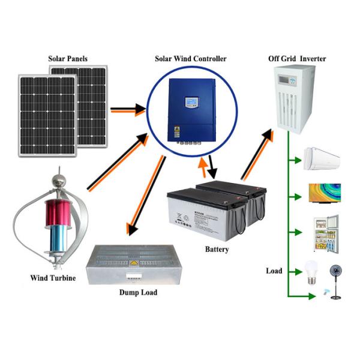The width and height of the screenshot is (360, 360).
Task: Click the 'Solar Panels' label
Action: [68, 59]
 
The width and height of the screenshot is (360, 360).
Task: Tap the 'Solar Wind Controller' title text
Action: [191, 59]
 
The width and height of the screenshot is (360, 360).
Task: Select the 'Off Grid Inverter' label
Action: [298, 59]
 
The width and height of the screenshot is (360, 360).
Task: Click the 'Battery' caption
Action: [217, 249]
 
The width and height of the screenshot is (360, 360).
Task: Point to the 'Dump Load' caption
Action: [137, 292]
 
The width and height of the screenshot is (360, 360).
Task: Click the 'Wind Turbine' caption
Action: [53, 278]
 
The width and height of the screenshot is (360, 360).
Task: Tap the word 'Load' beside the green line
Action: [274, 271]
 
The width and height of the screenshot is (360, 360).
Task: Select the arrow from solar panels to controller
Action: [127, 110]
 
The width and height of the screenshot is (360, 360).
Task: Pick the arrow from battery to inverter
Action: [257, 155]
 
